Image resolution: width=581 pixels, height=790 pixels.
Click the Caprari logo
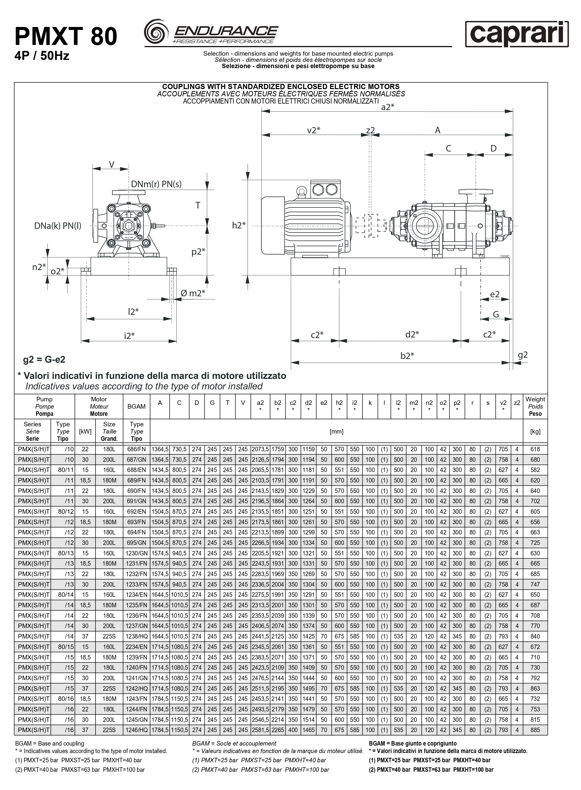click(x=517, y=34)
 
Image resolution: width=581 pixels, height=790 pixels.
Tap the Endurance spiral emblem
click(x=156, y=32)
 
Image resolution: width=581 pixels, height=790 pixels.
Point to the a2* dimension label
click(x=388, y=107)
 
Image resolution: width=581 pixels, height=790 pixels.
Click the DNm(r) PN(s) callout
click(x=156, y=184)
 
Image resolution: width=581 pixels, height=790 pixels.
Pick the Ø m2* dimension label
click(x=193, y=293)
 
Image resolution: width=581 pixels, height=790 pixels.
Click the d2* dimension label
click(x=412, y=334)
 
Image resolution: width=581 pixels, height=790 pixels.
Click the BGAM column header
click(x=136, y=406)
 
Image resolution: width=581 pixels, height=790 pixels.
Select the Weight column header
click(x=535, y=406)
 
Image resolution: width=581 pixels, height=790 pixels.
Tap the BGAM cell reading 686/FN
click(x=136, y=449)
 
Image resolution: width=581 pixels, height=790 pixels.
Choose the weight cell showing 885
click(x=535, y=730)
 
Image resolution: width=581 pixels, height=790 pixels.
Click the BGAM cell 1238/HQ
click(x=136, y=636)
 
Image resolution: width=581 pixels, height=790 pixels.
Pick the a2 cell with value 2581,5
click(x=260, y=730)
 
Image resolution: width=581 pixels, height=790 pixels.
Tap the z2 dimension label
click(x=370, y=130)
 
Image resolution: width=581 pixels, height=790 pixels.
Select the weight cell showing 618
click(x=535, y=449)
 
